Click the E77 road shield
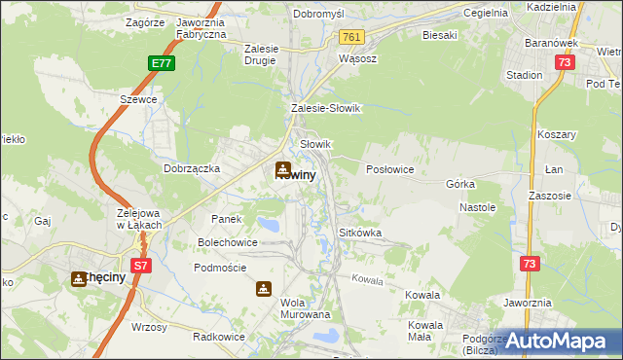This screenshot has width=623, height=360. click(x=163, y=63)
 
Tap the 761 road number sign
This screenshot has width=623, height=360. click(x=351, y=37)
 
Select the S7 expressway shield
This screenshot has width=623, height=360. click(x=141, y=264)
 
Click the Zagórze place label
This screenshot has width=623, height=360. click(x=146, y=20)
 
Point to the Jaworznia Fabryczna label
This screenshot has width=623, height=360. click(x=202, y=27)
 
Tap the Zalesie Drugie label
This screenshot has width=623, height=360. click(x=260, y=54)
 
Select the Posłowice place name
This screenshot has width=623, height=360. click(x=390, y=169)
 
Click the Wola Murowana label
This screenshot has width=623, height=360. click(x=306, y=308)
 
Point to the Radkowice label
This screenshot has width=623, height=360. click(x=217, y=336)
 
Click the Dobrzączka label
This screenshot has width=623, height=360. click(x=192, y=168)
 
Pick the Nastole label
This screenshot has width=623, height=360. click(x=478, y=207)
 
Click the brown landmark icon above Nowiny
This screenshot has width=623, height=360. click(x=283, y=167)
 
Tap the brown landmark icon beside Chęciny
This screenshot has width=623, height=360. click(x=78, y=278)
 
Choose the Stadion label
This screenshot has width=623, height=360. click(x=524, y=74)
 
